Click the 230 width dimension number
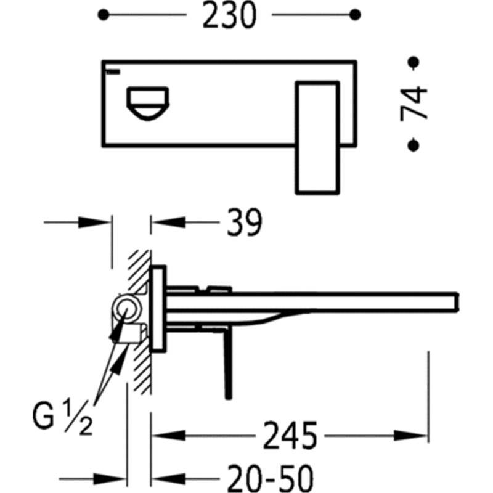pyautogui.click(x=229, y=15)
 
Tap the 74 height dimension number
pyautogui.click(x=414, y=104)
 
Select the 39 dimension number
pyautogui.click(x=244, y=222)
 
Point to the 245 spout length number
pyautogui.click(x=290, y=436)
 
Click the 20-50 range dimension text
pyautogui.click(x=271, y=479)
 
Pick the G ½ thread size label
pyautogui.click(x=62, y=416)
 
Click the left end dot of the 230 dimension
pyautogui.click(x=104, y=15)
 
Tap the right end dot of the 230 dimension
pyautogui.click(x=355, y=15)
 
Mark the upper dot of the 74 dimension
pyautogui.click(x=413, y=62)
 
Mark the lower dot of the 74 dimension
pyautogui.click(x=413, y=145)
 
